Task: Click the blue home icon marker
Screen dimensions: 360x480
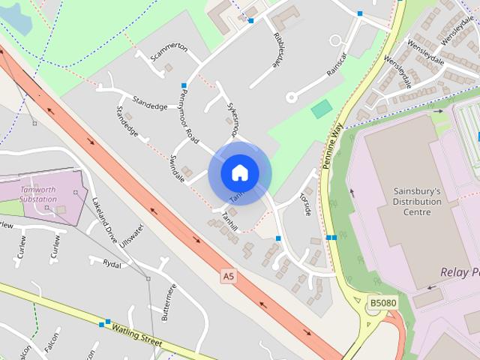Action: tap(240, 172)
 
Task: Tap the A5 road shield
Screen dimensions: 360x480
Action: tap(229, 277)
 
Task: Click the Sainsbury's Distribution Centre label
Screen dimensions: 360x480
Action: tap(417, 202)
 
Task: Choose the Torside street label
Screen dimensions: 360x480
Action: tap(306, 202)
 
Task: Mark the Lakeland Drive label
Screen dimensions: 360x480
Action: tap(105, 220)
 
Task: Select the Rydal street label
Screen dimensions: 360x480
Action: tap(112, 263)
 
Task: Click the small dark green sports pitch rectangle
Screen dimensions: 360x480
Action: tap(322, 109)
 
